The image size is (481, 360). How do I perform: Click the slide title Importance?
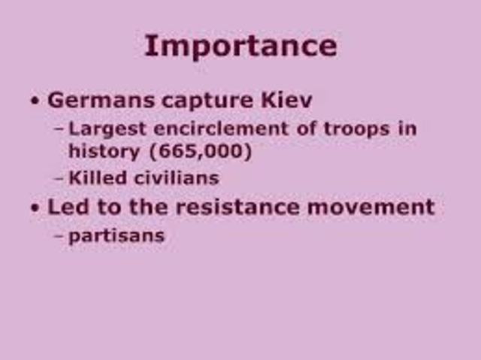[x=240, y=46]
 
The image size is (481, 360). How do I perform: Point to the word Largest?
[x=102, y=129]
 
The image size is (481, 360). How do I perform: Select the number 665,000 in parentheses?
[x=200, y=151]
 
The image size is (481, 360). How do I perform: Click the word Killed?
[x=95, y=178]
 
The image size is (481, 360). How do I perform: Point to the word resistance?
[x=230, y=207]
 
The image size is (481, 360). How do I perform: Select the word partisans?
[x=116, y=235]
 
